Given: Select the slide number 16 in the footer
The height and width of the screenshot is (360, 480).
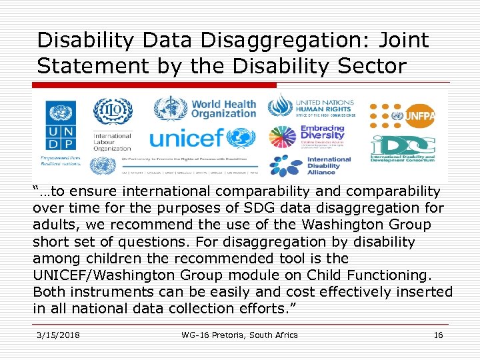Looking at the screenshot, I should click(x=438, y=335).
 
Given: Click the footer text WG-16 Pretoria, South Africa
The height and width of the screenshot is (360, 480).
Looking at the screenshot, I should click(x=239, y=335).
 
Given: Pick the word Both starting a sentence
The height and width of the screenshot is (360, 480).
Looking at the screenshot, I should click(x=48, y=291).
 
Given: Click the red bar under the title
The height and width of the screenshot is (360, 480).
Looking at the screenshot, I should click(x=154, y=85).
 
